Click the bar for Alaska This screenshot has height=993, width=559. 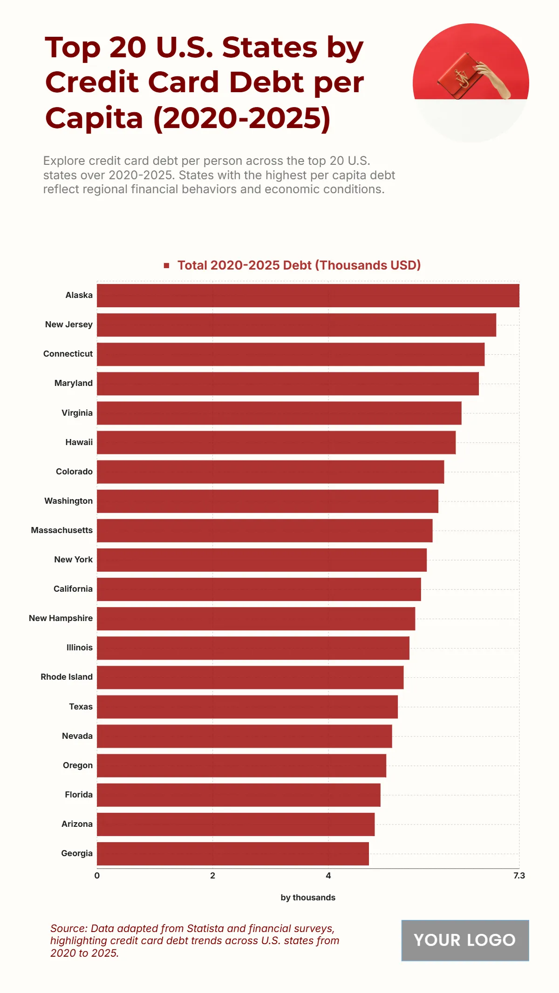coord(307,296)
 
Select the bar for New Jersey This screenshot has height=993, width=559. coord(296,325)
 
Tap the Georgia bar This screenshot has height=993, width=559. coord(232,854)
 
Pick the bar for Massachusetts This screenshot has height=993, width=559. coord(265,531)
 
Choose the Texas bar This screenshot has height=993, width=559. coord(247,707)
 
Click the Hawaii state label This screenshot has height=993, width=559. coord(79,442)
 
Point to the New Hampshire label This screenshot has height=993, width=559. coord(61,618)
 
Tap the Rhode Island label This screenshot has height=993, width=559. coord(66,677)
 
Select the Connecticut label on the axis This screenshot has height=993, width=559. coord(68,354)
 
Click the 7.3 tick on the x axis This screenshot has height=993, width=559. coord(519,876)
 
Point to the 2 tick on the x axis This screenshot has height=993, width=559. coord(212,876)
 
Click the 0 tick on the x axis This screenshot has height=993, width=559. coord(97,876)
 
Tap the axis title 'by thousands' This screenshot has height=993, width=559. coord(307,898)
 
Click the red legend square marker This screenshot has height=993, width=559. coord(166,265)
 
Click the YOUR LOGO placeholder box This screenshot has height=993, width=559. coord(465,940)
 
